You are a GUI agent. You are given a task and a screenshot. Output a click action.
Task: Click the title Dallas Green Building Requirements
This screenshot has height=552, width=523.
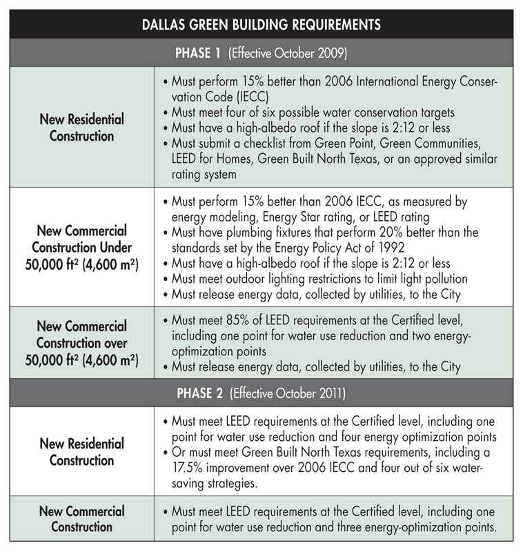(x=261, y=25)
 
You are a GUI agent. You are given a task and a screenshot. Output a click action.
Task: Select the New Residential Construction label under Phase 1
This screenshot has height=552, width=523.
(x=81, y=128)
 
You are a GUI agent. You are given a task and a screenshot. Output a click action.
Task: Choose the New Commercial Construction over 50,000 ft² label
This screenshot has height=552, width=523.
(x=81, y=342)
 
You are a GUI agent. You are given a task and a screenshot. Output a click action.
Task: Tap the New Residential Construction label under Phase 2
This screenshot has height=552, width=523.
(x=81, y=452)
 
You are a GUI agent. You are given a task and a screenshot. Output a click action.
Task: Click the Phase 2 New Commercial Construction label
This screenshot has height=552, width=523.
(x=81, y=519)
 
